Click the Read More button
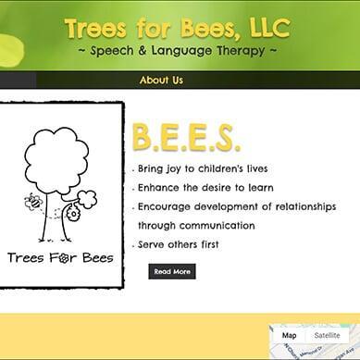172,271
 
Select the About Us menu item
161,81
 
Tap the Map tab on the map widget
289,335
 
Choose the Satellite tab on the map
327,335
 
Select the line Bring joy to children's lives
203,169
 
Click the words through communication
196,225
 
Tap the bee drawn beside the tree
34,201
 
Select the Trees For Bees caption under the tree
60,257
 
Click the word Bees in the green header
201,28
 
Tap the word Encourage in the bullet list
168,207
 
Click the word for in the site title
149,28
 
